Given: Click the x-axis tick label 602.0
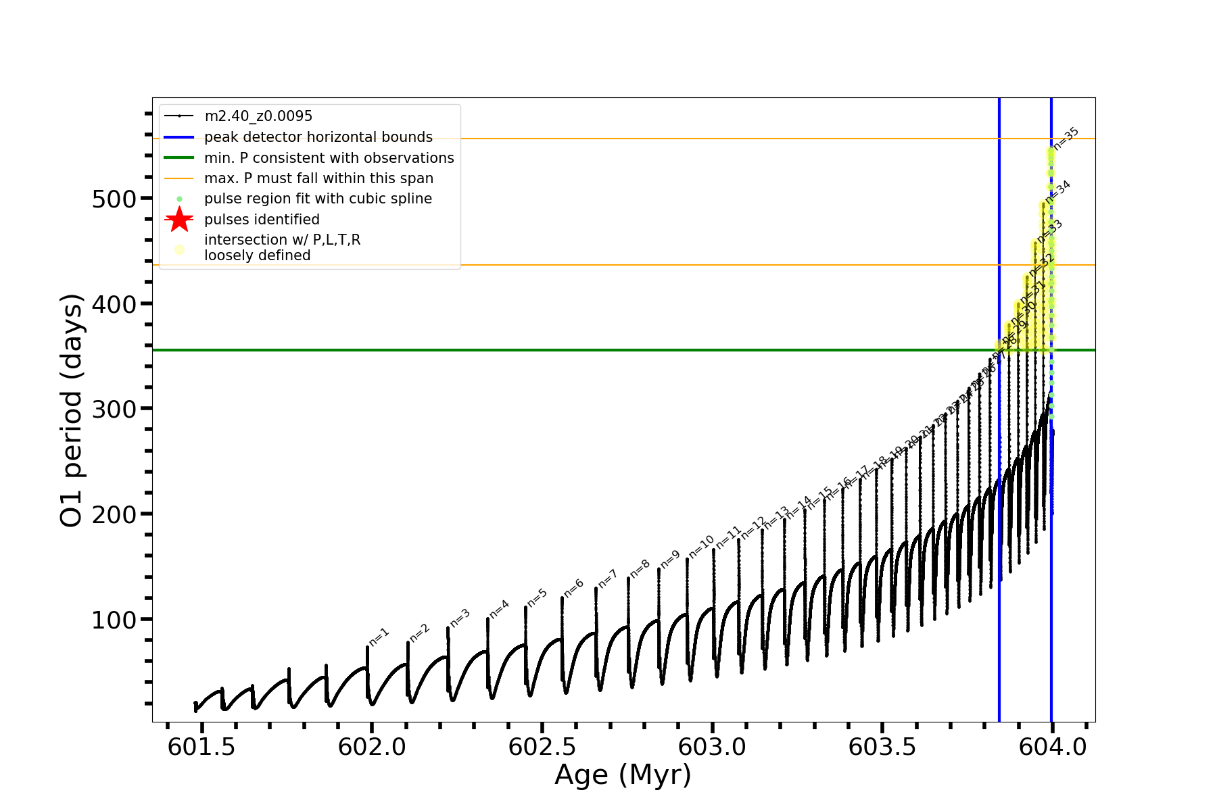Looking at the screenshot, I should (372, 747).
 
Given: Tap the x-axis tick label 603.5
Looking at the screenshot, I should (882, 747).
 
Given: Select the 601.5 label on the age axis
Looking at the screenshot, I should (201, 747).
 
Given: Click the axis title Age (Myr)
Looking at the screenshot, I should (623, 775).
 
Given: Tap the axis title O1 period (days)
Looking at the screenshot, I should (72, 410).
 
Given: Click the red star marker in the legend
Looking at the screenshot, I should (179, 220).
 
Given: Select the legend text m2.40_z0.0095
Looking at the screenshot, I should (258, 116).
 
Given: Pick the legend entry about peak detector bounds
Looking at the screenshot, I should (318, 137).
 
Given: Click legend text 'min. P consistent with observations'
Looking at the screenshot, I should (329, 158).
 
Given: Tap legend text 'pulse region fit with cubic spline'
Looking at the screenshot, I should (318, 199).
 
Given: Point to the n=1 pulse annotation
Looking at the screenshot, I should (379, 637).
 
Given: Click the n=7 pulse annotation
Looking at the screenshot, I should (608, 579).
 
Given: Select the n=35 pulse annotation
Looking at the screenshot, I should (1066, 139).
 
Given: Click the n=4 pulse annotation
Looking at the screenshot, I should (499, 609).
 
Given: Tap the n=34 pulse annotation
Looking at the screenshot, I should (1058, 191).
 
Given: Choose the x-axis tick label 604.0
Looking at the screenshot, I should (1053, 747).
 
